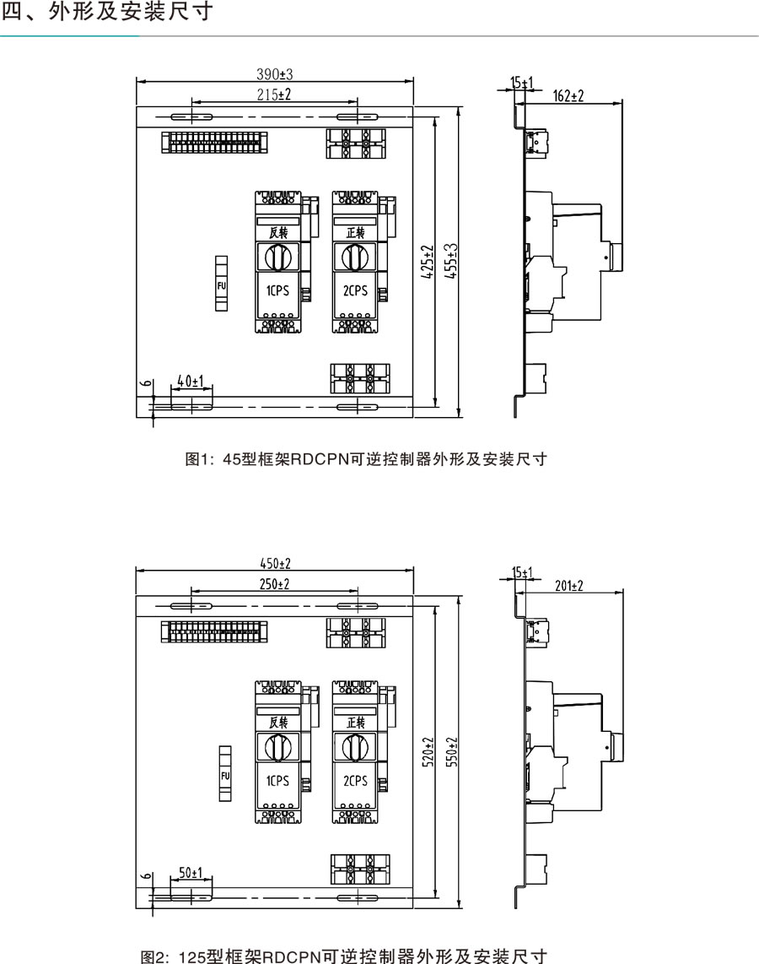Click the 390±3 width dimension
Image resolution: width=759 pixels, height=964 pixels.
(x=275, y=74)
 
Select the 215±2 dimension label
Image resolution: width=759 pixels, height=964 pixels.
(x=274, y=95)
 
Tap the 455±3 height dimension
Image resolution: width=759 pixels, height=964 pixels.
(x=452, y=263)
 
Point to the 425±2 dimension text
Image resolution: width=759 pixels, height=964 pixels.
(x=428, y=263)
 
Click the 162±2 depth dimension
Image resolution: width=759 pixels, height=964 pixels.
(x=568, y=95)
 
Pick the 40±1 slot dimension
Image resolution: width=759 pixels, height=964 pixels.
(x=191, y=382)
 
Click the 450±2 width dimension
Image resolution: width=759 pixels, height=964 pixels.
(x=274, y=564)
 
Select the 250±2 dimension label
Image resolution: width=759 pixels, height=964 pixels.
(x=274, y=584)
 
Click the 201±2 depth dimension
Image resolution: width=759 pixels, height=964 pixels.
(x=570, y=585)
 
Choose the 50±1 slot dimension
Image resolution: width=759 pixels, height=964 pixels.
(x=191, y=871)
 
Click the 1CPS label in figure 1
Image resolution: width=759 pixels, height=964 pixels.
(x=277, y=291)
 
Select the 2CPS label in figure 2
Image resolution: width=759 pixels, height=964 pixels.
(x=355, y=781)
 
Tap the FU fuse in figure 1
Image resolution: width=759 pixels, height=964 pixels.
(x=223, y=285)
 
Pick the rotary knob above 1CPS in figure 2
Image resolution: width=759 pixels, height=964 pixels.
(x=277, y=746)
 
